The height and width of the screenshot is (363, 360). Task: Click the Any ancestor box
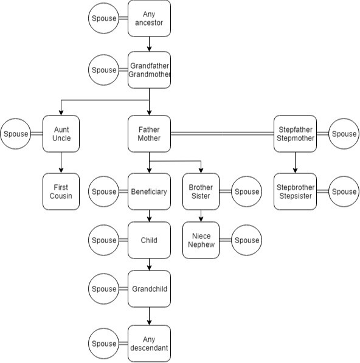(149, 18)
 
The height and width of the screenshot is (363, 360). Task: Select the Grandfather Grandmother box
(149, 70)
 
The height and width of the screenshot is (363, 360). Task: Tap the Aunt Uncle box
(61, 134)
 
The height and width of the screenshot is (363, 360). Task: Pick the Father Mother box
(149, 134)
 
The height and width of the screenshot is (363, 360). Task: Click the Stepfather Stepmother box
(295, 134)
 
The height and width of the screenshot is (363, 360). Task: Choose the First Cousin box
(61, 192)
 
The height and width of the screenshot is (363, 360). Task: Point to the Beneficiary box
(149, 192)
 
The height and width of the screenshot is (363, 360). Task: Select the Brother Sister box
(201, 192)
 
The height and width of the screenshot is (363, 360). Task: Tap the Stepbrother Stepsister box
(295, 192)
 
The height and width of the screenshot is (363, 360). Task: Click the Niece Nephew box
(201, 240)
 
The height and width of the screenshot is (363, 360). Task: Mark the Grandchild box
(149, 289)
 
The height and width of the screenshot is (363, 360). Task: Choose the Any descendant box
(149, 344)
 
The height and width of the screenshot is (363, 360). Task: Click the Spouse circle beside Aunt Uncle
(16, 134)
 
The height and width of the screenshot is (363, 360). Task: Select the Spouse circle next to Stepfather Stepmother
(344, 134)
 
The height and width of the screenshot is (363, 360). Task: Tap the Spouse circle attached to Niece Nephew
(246, 240)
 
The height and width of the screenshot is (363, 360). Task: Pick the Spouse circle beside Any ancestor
(104, 18)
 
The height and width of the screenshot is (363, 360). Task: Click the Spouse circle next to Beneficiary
(104, 192)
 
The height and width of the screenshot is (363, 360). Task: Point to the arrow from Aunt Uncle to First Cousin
(61, 162)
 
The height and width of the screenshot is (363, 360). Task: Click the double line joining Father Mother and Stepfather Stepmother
(222, 134)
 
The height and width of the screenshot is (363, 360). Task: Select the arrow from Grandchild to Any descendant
(149, 316)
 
